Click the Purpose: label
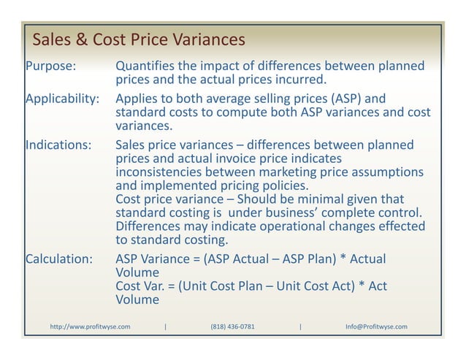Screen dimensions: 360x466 50,66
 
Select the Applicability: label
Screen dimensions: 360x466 62,99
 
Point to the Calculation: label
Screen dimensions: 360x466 59,258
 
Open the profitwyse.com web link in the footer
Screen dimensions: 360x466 90,326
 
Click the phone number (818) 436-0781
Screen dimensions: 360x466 232,326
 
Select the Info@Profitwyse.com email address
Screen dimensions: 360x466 376,326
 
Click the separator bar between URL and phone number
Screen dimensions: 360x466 167,326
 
